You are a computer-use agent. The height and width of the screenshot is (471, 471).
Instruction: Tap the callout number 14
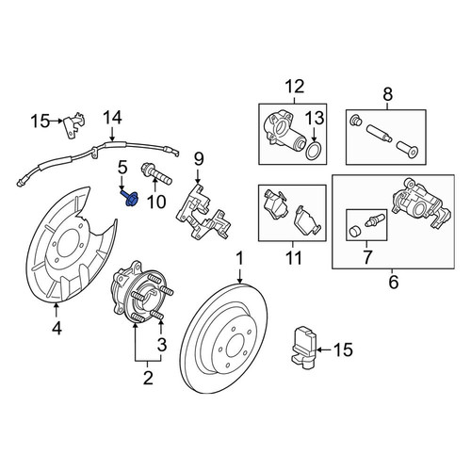point(112,118)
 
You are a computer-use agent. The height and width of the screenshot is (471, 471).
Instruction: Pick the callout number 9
point(199,159)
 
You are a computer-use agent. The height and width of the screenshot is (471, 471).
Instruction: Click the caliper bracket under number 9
point(203,213)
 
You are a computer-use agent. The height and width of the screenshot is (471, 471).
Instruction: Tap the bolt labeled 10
point(156,174)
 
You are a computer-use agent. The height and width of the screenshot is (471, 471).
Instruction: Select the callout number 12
point(295,87)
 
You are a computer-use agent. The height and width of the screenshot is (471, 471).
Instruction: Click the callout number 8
point(388,94)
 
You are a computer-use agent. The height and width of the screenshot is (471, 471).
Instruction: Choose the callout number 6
point(394,282)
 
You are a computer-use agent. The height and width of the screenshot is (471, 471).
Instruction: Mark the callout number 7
point(366,256)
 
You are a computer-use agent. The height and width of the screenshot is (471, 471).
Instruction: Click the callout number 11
point(294,257)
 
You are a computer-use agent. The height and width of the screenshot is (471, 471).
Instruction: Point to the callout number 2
point(148,378)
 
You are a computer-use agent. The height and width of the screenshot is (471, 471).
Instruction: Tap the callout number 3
point(162,345)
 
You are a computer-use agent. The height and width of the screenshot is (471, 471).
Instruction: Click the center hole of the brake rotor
point(235,346)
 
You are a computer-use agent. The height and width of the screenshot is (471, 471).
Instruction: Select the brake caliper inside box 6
point(422,204)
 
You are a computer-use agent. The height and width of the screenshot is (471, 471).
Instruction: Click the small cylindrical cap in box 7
point(354,231)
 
